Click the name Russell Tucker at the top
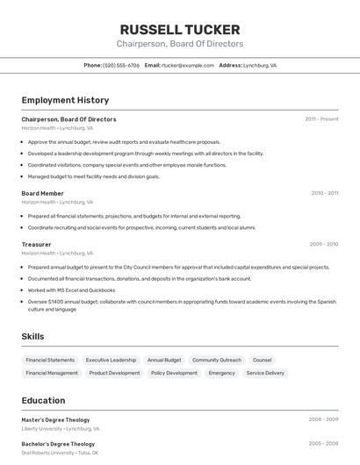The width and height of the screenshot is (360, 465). tap(180, 29)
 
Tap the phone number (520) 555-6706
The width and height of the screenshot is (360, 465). tap(121, 65)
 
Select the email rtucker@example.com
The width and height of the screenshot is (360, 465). tap(188, 65)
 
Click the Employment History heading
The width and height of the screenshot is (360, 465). tap(65, 101)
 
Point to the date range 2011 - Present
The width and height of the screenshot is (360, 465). tap(321, 118)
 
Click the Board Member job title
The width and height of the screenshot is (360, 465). tap(42, 193)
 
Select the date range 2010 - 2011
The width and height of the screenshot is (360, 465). tap(325, 193)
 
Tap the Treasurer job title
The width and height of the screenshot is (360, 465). tap(36, 244)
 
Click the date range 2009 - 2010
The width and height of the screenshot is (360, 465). tap(324, 244)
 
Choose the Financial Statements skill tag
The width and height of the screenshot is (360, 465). tap(50, 360)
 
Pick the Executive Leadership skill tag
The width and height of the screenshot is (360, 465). tap(111, 360)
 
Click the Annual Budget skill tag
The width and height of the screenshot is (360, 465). tap(164, 360)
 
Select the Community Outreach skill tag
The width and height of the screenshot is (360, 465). tap(217, 360)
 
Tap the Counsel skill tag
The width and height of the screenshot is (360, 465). tap(262, 360)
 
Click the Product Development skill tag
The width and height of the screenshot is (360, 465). tap(114, 373)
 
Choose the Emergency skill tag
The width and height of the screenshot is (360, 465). tap(221, 373)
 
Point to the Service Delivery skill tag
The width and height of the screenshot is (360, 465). tap(265, 373)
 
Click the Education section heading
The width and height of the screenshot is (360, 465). tap(43, 400)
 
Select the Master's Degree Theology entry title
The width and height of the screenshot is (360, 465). tap(55, 419)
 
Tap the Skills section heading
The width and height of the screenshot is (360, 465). tap(32, 336)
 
